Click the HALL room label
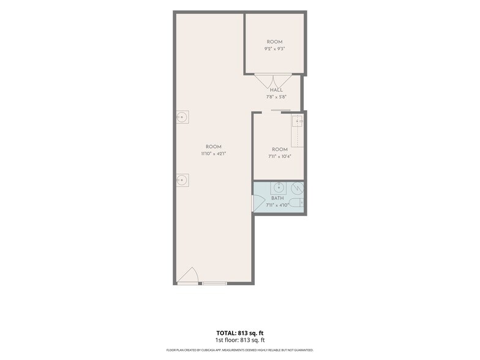[276, 90]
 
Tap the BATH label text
[277, 198]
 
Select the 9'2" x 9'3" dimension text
[274, 49]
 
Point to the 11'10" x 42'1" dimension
[213, 154]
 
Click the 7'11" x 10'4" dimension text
[279, 156]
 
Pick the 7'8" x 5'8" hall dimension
[276, 97]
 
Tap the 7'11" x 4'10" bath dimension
[277, 205]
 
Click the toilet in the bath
[296, 202]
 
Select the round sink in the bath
[278, 187]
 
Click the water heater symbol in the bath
[297, 189]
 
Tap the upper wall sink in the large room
[182, 117]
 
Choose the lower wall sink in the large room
[182, 180]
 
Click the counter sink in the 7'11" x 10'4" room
[297, 122]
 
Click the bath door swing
[258, 203]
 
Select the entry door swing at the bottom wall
[189, 275]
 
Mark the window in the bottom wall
[214, 283]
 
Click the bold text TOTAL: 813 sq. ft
[240, 333]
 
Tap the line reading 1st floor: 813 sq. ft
[240, 340]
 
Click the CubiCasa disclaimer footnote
[240, 350]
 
